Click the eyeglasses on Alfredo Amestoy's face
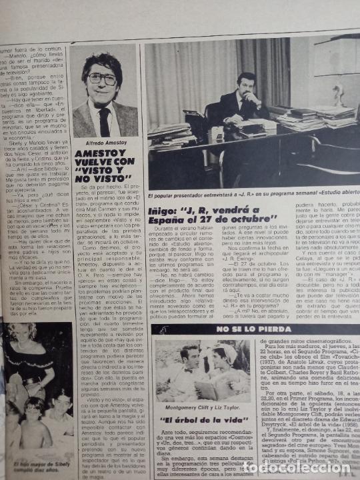click(x=103, y=78)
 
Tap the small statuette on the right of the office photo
click(x=338, y=93)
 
